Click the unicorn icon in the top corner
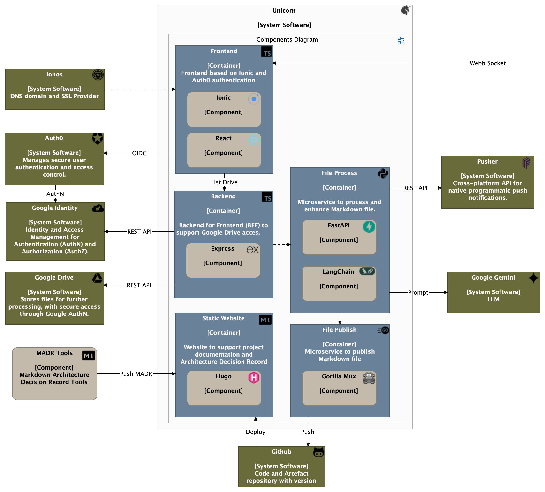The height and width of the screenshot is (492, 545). tap(406, 10)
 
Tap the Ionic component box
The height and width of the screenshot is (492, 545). tap(224, 110)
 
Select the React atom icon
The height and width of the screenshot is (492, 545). tap(254, 140)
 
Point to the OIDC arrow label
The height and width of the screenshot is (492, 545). tap(139, 153)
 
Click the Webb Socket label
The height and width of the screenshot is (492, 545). tap(487, 63)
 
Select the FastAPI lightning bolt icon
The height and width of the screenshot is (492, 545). tap(369, 227)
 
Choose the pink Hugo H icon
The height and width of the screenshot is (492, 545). tap(254, 377)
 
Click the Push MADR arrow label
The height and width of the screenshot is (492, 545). tap(136, 374)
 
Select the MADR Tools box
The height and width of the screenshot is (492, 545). tap(55, 374)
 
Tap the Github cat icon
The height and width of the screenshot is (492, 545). tap(318, 452)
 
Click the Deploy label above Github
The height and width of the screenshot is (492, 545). tap(256, 432)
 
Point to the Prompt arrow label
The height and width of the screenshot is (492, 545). tap(418, 293)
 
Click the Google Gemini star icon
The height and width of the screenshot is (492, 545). tap(533, 278)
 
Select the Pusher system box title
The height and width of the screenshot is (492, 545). tap(487, 162)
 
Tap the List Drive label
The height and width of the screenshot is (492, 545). tap(224, 182)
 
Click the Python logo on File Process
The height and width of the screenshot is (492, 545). tap(383, 173)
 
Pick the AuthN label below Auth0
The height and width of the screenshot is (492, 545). tap(55, 194)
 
